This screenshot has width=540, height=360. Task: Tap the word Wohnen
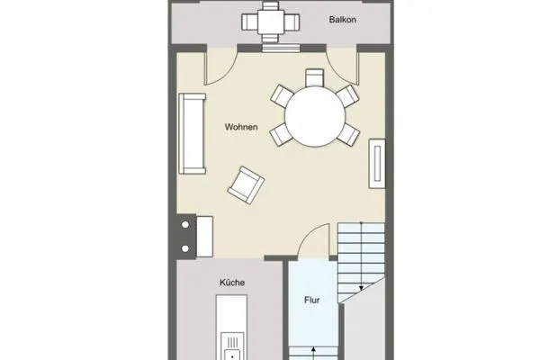[241, 128]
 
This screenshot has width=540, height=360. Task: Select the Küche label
[232, 282]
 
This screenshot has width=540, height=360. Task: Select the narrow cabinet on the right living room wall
[378, 164]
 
